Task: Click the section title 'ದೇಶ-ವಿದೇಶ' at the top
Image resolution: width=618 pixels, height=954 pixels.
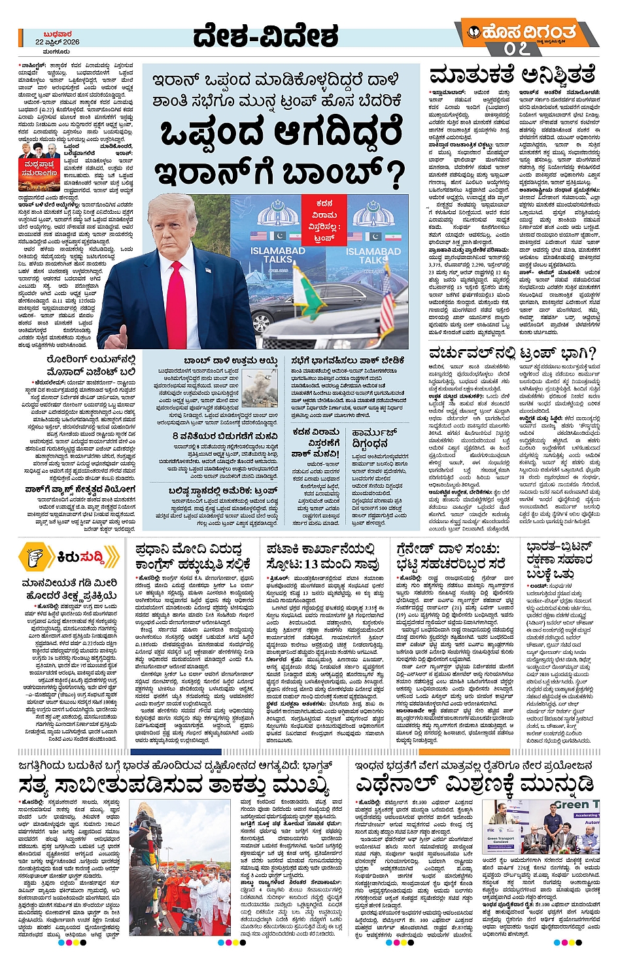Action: pos(266,37)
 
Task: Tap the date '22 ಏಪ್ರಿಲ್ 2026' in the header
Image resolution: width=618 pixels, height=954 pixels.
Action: pos(58,42)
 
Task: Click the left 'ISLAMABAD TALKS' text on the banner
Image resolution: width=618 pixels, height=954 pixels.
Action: pos(278,254)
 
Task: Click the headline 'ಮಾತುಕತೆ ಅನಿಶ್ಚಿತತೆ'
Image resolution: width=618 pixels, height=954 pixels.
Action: pos(512,74)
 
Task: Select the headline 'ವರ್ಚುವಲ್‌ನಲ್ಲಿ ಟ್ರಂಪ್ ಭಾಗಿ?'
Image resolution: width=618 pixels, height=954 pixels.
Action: pos(512,354)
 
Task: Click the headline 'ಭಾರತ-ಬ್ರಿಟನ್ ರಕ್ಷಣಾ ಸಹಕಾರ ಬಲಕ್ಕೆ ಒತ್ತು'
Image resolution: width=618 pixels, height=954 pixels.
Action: pos(560,560)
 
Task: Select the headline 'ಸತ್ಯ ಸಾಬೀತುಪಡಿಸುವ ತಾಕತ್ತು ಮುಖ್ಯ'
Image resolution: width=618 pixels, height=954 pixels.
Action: pos(174,785)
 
